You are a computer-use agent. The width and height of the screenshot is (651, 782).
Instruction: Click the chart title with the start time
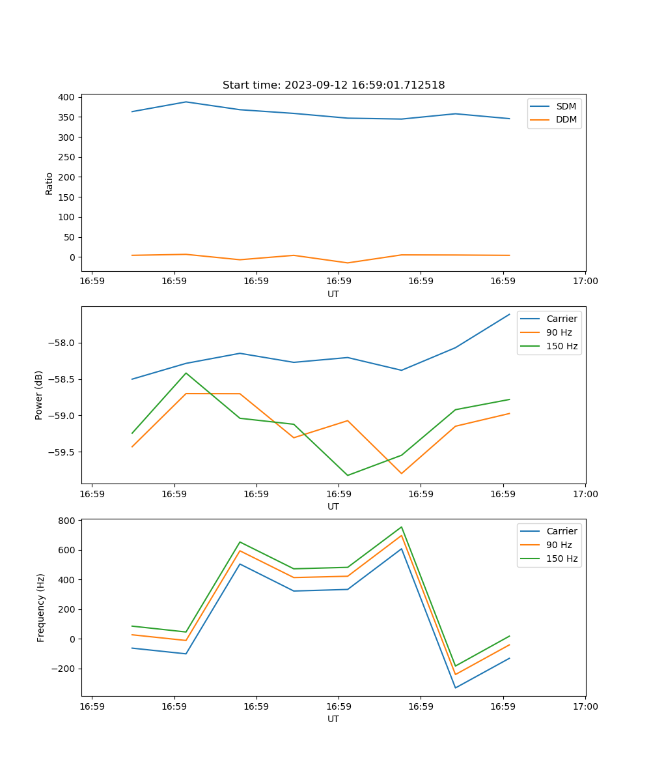[333, 85]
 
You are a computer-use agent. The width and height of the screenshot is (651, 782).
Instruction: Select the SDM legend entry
[566, 106]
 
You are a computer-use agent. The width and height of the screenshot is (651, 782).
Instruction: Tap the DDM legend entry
[566, 119]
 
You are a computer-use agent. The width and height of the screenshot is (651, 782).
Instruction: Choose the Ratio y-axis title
[49, 184]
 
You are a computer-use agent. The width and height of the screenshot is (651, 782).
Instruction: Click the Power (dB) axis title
[39, 395]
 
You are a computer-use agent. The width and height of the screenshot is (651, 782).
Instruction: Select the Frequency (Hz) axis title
[40, 607]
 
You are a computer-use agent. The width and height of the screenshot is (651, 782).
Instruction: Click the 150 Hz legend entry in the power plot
[562, 346]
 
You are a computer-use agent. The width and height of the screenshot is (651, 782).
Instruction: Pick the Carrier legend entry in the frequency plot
[561, 531]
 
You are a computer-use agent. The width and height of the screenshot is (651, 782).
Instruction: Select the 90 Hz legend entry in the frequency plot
[559, 545]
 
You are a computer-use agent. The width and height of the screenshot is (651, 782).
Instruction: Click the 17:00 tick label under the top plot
[585, 282]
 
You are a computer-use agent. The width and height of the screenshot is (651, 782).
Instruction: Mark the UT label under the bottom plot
[333, 719]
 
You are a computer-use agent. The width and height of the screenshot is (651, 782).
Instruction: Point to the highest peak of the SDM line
[186, 102]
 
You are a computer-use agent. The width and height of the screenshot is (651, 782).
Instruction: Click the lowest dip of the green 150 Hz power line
[348, 475]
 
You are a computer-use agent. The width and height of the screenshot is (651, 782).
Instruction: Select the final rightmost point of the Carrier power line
[509, 314]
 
